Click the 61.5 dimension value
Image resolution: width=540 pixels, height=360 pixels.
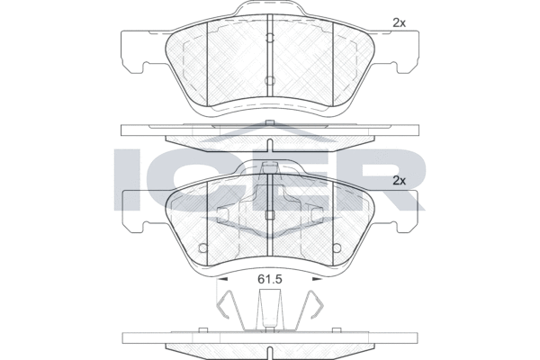[x=270, y=279]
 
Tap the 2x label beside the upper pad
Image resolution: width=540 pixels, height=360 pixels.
[x=400, y=23]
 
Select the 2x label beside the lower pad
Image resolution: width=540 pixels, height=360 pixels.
[x=400, y=181]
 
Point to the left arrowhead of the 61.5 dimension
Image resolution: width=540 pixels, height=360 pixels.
[x=223, y=279]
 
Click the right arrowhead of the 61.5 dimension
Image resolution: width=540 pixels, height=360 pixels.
[x=317, y=279]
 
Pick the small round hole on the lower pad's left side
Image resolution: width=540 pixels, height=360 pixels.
[x=203, y=247]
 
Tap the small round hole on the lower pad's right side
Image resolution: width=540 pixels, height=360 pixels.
[x=337, y=247]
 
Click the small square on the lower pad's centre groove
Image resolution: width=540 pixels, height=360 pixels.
[x=270, y=215]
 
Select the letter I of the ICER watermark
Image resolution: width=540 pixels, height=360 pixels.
[x=127, y=179]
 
